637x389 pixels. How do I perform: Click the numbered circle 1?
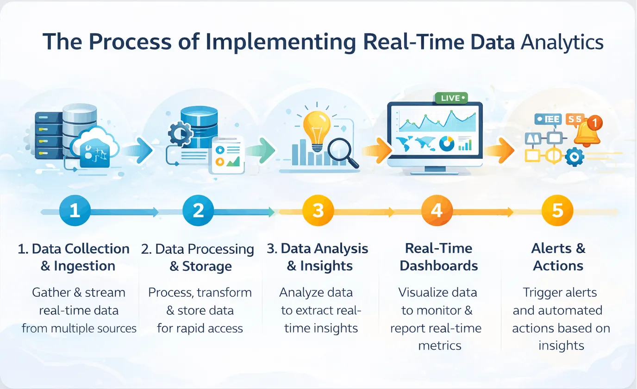coord(74,211)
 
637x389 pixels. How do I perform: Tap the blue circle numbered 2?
coord(198,211)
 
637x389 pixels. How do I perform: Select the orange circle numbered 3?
coord(318,211)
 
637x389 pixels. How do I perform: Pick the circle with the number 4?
coord(437,211)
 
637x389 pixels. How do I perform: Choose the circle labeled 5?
coord(557,211)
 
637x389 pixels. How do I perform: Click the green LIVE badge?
coord(451,98)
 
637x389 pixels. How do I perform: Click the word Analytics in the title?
coord(562,42)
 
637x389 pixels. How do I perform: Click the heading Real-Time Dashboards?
coord(438,257)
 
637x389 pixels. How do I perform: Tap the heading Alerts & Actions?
coord(558,257)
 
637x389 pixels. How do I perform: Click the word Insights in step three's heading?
coord(326,266)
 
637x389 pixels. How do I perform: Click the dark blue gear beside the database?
coord(178,133)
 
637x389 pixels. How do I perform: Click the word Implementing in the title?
coord(281,42)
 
